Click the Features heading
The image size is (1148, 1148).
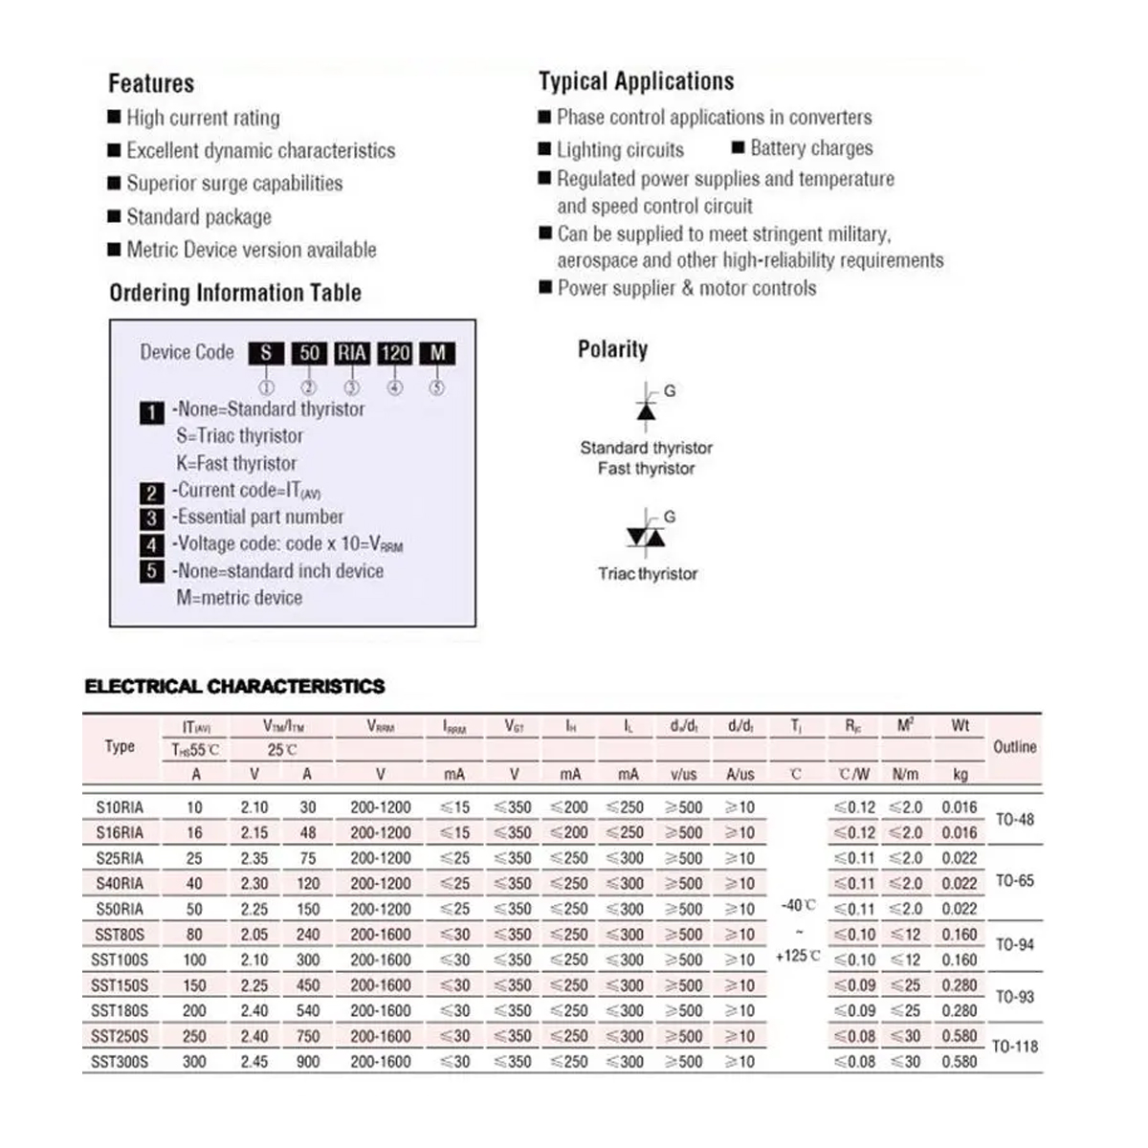click(151, 83)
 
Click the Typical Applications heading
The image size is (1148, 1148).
click(636, 81)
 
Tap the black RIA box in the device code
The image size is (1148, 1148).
click(352, 353)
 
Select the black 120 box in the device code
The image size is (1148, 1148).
click(395, 353)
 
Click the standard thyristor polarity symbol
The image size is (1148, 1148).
click(647, 408)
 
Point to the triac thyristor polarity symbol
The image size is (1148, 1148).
click(646, 537)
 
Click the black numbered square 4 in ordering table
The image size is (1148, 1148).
click(151, 545)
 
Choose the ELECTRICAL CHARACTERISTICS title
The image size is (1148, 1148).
click(234, 686)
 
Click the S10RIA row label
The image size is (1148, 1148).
click(120, 807)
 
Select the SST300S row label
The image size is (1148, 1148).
click(120, 1062)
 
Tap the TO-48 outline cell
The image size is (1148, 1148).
click(1015, 820)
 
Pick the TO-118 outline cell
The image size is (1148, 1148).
click(1015, 1047)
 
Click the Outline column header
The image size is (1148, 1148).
click(1015, 747)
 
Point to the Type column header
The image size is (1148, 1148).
click(120, 747)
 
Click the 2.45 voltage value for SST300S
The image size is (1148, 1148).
click(254, 1062)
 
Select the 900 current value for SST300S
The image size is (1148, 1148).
click(307, 1062)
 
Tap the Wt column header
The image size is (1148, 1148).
click(960, 726)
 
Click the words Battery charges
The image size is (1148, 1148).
click(811, 148)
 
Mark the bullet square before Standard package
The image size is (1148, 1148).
click(115, 217)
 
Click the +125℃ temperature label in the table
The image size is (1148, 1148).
click(797, 956)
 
